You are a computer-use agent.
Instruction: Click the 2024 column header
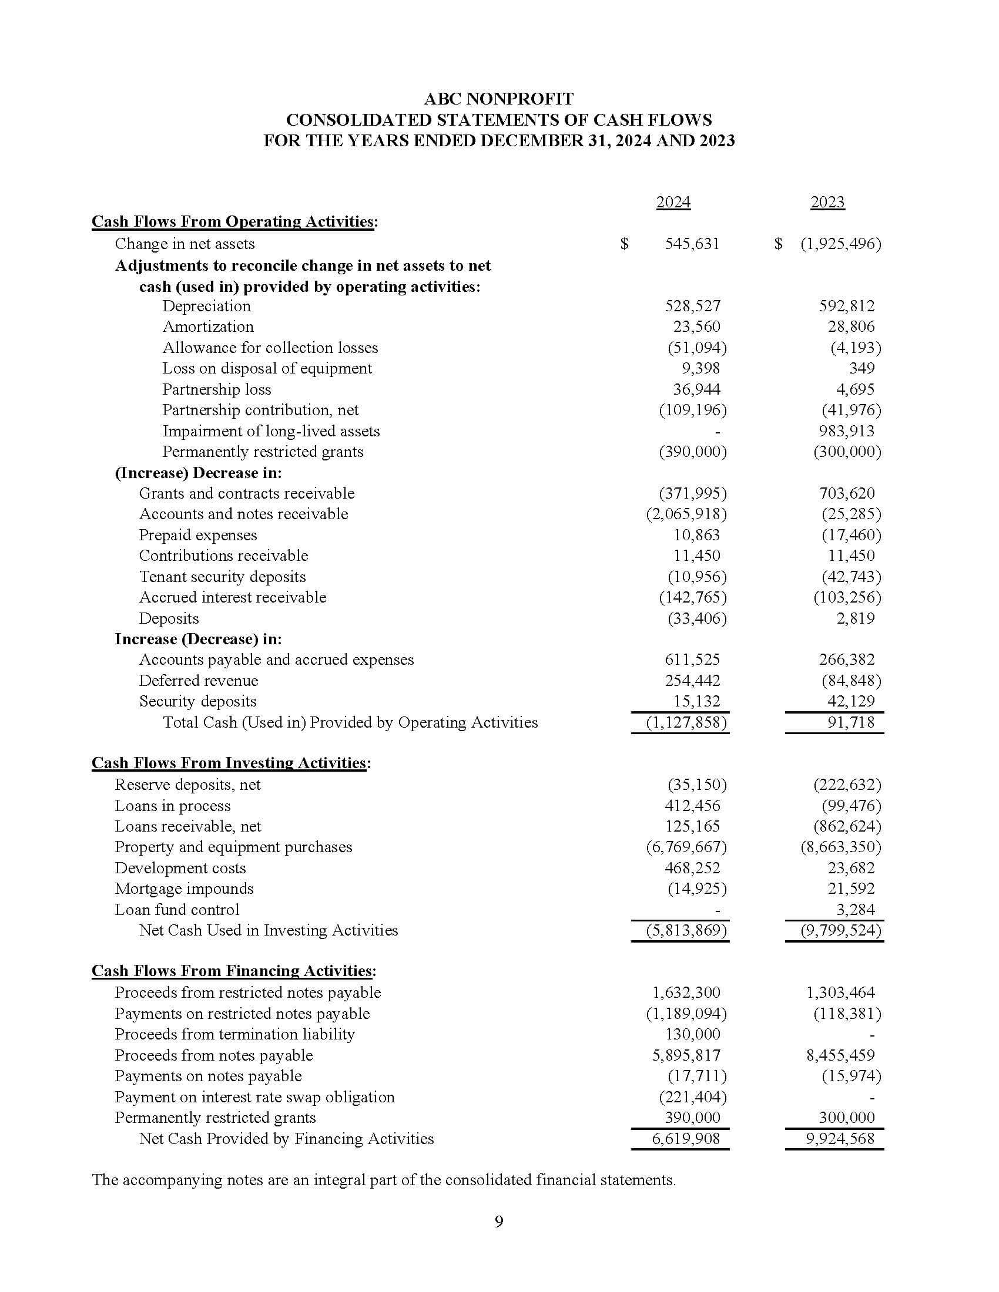pyautogui.click(x=673, y=203)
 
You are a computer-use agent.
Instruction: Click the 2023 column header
pyautogui.click(x=827, y=203)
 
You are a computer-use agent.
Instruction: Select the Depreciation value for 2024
pyautogui.click(x=692, y=306)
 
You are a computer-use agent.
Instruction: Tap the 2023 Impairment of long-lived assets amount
pyautogui.click(x=846, y=430)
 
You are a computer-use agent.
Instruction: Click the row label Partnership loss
pyautogui.click(x=217, y=389)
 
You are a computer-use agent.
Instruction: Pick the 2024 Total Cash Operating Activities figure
pyautogui.click(x=686, y=722)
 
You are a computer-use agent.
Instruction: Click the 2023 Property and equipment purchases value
pyautogui.click(x=840, y=847)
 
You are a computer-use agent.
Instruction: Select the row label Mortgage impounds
pyautogui.click(x=184, y=889)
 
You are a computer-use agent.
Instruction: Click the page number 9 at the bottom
pyautogui.click(x=499, y=1222)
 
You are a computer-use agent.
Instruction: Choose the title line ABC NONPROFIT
pyautogui.click(x=499, y=99)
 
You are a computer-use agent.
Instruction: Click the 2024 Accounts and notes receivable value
pyautogui.click(x=686, y=514)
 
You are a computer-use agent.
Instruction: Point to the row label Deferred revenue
pyautogui.click(x=198, y=680)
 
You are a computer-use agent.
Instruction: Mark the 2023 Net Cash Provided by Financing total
pyautogui.click(x=840, y=1139)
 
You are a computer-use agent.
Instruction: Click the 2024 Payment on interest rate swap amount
pyautogui.click(x=692, y=1097)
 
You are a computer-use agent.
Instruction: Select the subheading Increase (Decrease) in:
pyautogui.click(x=198, y=639)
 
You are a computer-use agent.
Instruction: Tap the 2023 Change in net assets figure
pyautogui.click(x=840, y=244)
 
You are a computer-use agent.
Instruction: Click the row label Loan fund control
pyautogui.click(x=177, y=909)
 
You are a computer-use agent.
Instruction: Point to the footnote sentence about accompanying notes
pyautogui.click(x=384, y=1180)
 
